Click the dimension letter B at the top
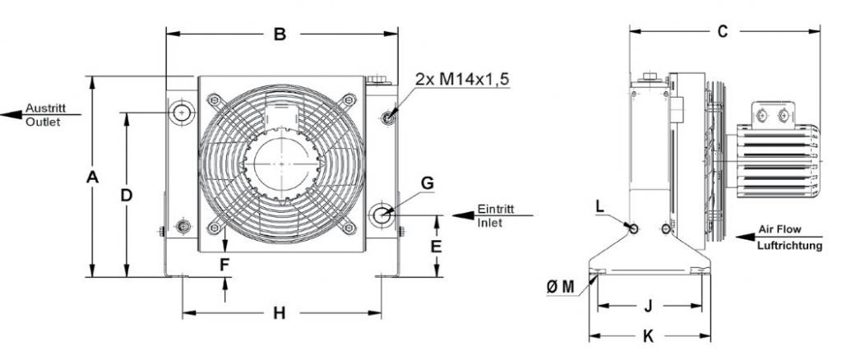pos(280,35)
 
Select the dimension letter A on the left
pos(92,177)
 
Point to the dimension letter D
pos(126,196)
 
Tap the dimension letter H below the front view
pos(280,313)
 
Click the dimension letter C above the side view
pos(723,32)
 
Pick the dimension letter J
pos(648,306)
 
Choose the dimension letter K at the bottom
pos(648,336)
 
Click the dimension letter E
pos(436,247)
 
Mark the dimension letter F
pos(224,264)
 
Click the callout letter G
pos(427,183)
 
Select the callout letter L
pos(599,206)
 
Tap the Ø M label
pos(560,288)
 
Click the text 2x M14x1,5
pos(462,80)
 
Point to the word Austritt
pos(45,108)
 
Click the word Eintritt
pos(496,210)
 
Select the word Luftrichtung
pos(789,247)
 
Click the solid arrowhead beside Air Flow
pos(746,237)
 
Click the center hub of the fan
pos(281,163)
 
